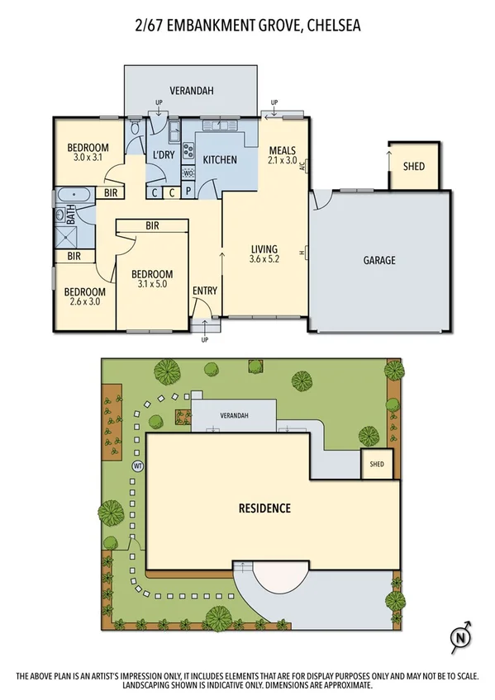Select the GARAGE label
pos(379,260)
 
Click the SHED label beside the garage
pos(413,166)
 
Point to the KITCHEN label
pos(220,159)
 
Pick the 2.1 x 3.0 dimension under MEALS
pos(283,162)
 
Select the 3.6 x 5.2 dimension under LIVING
pos(264,260)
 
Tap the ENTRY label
pos(205,291)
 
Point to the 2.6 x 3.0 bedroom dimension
pos(85,303)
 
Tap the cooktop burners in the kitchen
pos(188,151)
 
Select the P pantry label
pos(188,192)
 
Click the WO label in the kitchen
pos(188,173)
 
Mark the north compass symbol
pos(459,636)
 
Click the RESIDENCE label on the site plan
pos(265,508)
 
